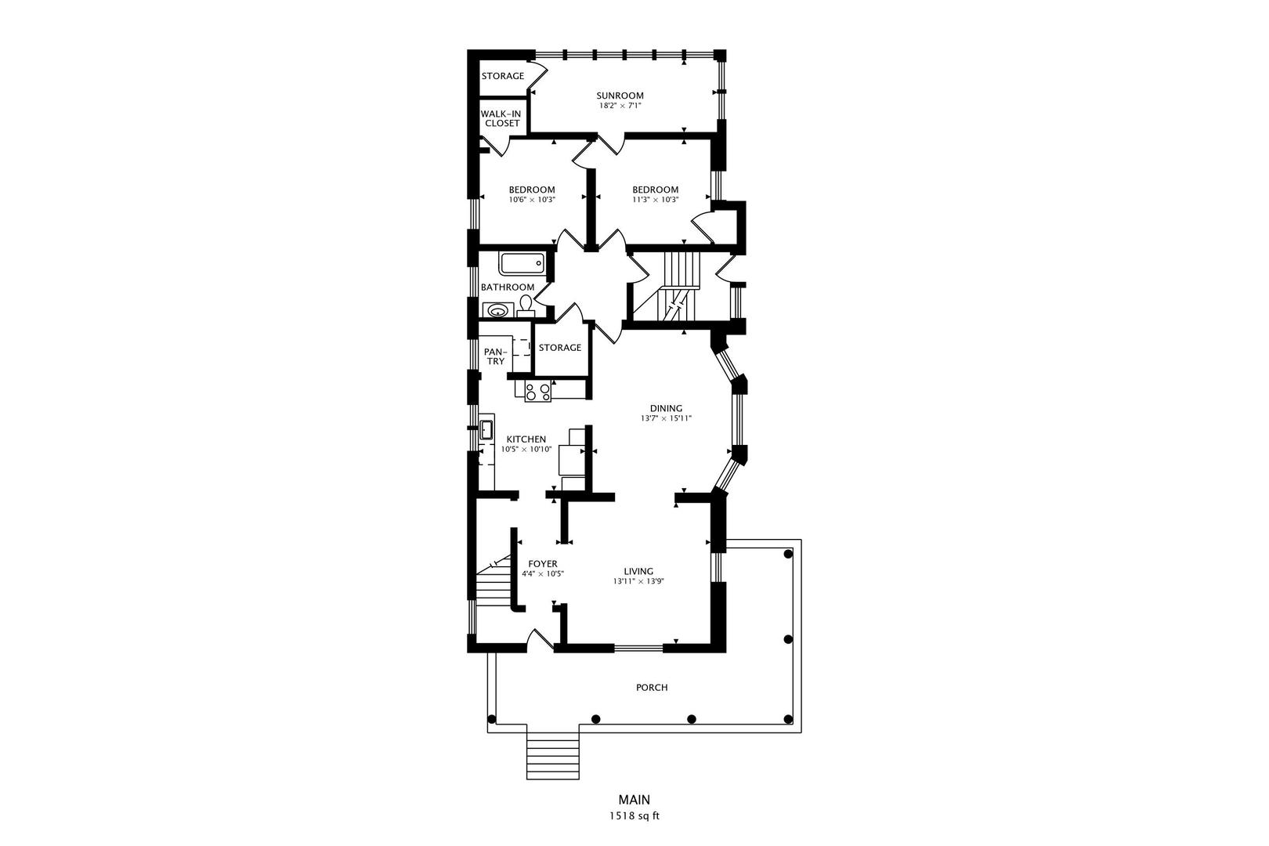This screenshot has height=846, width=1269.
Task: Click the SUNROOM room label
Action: point(620,96)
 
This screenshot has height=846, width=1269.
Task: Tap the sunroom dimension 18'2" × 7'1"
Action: point(620,106)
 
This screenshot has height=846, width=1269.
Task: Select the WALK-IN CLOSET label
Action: point(501,118)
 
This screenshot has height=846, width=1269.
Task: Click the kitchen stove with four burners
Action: point(537,392)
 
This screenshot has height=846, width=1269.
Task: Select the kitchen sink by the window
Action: point(486,429)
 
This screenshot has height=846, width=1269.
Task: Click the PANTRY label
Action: point(494,356)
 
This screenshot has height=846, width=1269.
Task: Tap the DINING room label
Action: point(666,408)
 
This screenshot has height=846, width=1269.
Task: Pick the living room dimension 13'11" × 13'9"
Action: point(638,581)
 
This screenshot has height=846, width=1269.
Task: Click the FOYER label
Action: point(542,564)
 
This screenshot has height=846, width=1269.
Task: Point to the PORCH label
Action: point(652,688)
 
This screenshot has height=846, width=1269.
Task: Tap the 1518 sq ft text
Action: point(634,816)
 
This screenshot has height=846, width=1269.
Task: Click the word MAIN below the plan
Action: point(634,801)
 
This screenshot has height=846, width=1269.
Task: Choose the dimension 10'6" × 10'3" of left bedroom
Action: point(532,200)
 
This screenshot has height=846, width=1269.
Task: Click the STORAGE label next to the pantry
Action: point(560,348)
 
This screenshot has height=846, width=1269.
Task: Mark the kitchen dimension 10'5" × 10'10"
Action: point(526,450)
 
